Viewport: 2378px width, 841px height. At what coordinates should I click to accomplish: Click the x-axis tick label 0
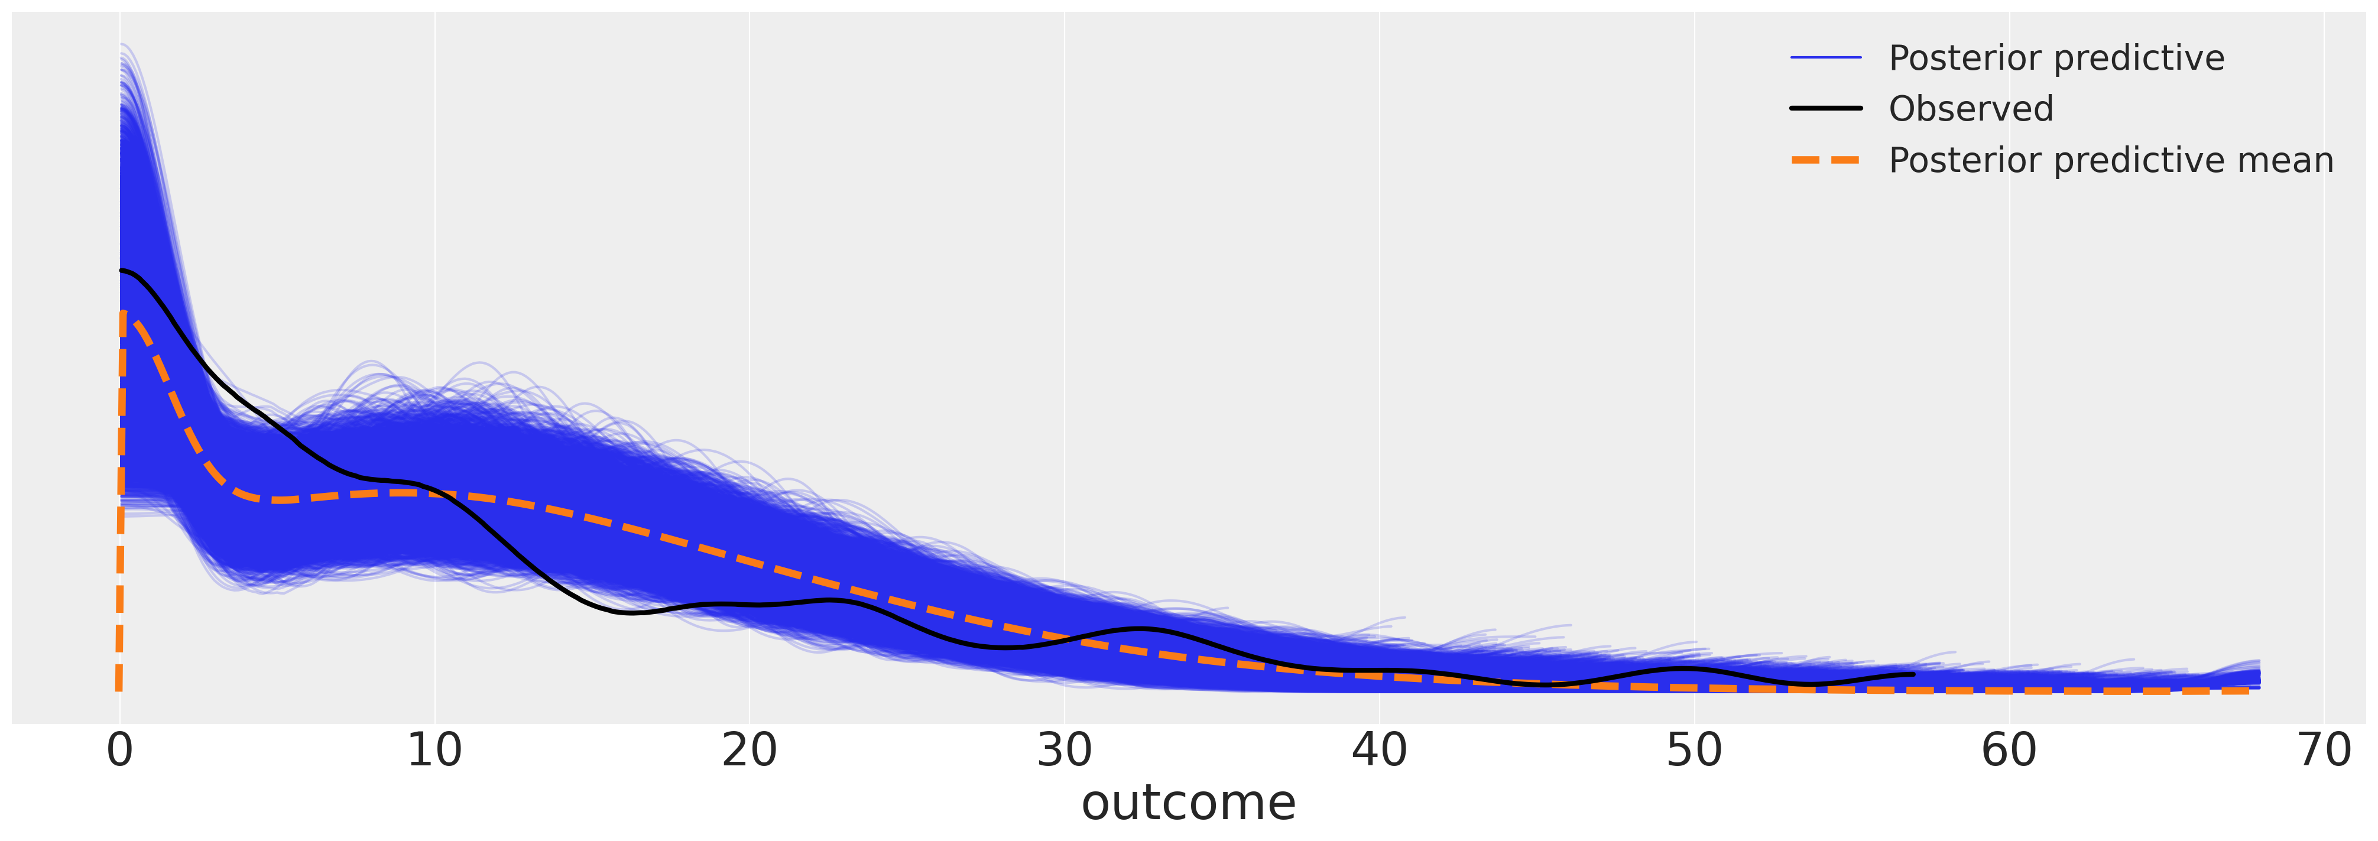click(x=120, y=751)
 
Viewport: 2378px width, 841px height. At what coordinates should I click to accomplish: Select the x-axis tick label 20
click(x=749, y=751)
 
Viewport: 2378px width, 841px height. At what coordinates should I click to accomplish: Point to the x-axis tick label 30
click(x=1065, y=751)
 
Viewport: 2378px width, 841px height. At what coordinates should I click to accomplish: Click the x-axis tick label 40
click(x=1379, y=751)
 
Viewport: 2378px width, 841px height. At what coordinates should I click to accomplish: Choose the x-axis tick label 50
click(x=1694, y=751)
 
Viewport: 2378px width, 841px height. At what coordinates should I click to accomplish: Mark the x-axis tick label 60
click(x=2009, y=751)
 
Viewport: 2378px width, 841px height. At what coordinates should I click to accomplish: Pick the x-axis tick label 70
click(x=2324, y=751)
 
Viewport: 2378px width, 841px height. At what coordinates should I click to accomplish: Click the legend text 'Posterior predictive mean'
click(x=2110, y=161)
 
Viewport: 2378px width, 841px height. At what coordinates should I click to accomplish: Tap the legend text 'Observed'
click(x=1971, y=109)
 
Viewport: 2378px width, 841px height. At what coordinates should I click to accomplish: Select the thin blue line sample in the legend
click(x=1826, y=58)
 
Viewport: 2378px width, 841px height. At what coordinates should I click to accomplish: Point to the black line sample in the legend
click(x=1826, y=109)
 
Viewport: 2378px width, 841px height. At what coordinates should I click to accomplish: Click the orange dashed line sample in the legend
click(x=1826, y=161)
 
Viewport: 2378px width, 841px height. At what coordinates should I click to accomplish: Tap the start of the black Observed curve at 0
click(x=121, y=271)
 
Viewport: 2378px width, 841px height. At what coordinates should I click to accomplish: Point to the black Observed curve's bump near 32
click(x=1143, y=629)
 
